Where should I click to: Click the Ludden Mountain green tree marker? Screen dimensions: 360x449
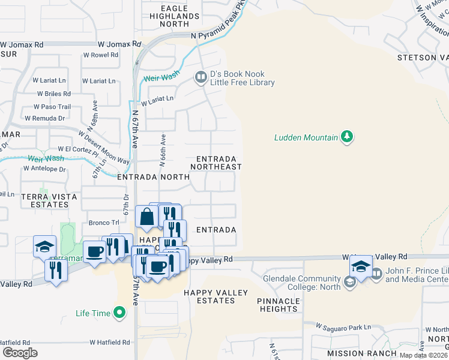point(346,137)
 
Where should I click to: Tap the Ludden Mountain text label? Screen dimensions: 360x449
point(306,137)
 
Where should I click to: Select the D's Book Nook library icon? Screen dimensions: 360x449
point(200,77)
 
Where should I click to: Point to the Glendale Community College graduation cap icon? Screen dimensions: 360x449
point(349,281)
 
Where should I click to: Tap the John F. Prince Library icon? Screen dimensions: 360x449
point(376,274)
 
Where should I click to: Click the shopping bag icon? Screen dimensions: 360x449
point(146,217)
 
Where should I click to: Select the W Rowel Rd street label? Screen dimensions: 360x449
point(101,55)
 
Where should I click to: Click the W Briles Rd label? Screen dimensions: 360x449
point(53,94)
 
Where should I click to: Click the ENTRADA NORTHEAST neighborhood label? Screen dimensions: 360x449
point(215,163)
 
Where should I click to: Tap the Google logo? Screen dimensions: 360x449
point(20,352)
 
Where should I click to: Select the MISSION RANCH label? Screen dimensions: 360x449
point(362,354)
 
